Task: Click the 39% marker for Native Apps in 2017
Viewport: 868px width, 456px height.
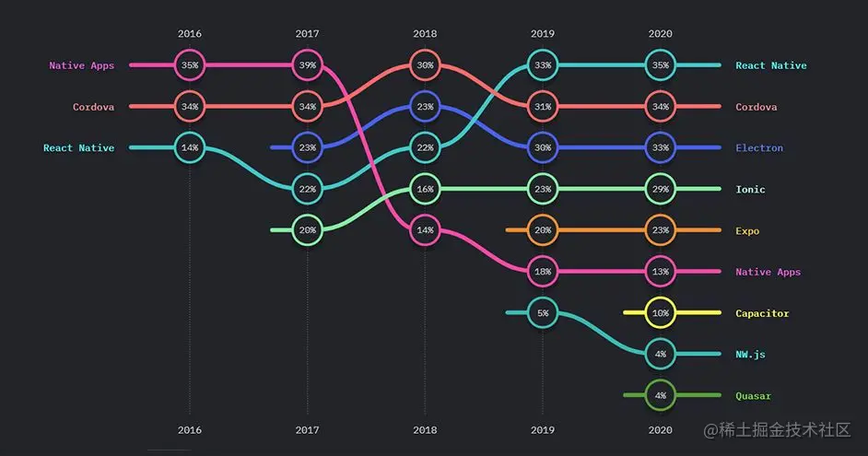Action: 308,65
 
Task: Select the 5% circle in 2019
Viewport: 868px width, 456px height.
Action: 543,313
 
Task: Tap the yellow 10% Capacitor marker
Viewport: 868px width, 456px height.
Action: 661,313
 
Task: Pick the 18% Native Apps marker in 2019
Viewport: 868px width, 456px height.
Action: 543,272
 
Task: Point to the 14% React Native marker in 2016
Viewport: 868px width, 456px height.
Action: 190,147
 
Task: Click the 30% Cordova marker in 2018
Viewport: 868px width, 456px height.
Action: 425,65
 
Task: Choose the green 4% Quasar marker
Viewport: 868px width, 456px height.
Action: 661,396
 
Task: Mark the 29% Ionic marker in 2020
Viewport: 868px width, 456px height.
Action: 661,189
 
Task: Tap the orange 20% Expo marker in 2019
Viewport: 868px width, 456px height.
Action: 543,230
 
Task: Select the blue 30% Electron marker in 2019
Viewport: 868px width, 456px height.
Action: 543,147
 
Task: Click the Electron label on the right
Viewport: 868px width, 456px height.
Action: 759,148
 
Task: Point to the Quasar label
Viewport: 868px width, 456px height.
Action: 753,396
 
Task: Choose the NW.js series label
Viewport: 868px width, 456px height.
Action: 750,355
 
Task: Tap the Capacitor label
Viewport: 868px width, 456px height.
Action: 762,313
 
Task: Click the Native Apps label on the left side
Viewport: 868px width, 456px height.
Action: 81,65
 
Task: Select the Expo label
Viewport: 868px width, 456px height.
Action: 747,230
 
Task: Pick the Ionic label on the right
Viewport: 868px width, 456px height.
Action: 750,189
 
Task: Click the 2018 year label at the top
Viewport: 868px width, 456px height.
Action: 425,34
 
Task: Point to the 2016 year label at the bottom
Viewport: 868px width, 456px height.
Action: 190,430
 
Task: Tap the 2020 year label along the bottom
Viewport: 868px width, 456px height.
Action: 661,430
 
